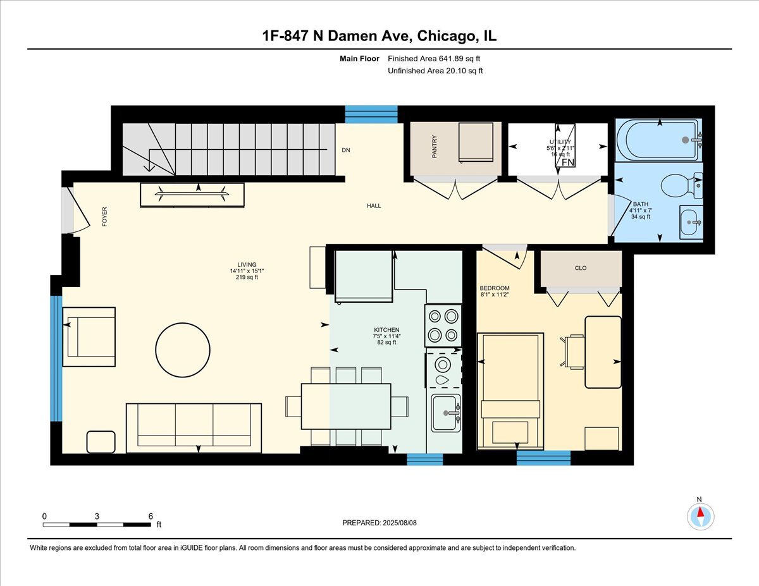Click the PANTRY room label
(435, 146)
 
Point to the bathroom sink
(691, 222)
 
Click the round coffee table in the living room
(182, 350)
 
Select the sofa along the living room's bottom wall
(194, 428)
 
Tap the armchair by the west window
(89, 336)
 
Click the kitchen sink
(447, 413)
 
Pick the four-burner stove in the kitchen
(443, 325)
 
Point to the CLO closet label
(581, 268)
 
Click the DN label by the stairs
(346, 150)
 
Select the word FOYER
(105, 217)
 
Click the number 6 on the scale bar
(151, 516)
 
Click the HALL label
(374, 205)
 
